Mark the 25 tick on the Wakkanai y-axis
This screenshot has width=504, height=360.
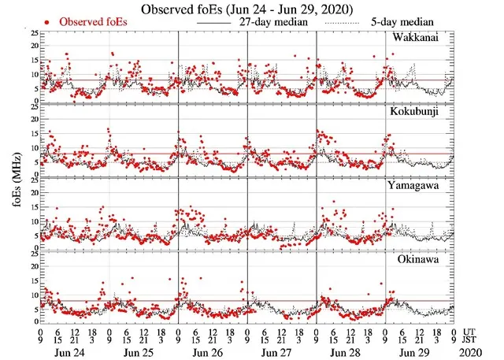click(x=31, y=34)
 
